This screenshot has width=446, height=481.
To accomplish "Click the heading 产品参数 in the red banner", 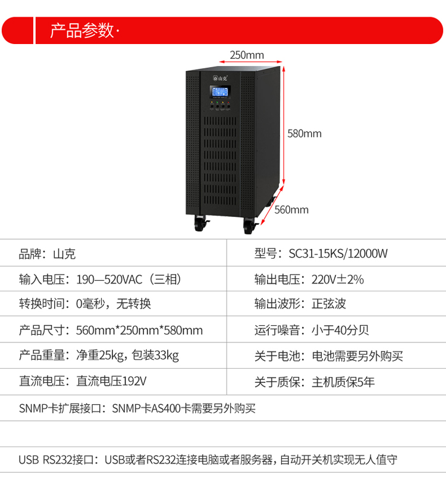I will point(83,30).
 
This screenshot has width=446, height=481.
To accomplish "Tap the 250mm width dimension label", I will point(246,55).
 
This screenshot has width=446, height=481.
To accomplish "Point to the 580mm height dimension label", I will point(304,134).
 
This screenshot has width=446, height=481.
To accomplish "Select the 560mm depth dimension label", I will point(291,209).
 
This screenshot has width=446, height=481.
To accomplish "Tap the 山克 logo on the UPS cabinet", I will point(220,77).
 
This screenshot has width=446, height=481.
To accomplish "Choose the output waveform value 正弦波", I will point(329,304).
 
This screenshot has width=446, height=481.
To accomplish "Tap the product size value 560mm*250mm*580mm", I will point(139,331).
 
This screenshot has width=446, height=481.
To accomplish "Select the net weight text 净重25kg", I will point(99,356).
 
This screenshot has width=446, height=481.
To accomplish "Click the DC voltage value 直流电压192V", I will point(111,381).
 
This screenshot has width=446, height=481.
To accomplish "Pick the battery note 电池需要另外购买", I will point(357,356).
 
